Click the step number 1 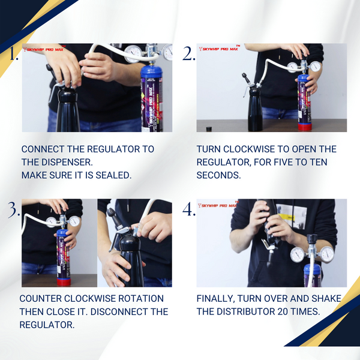[14, 54]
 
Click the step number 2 [189, 54]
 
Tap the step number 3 [14, 210]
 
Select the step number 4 [189, 209]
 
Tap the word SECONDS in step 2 [218, 175]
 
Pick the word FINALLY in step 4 [215, 299]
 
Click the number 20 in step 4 [283, 312]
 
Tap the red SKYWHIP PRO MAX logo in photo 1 [44, 49]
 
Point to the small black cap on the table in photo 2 [209, 129]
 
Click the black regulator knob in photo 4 [313, 239]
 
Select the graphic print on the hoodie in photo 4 [292, 216]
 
